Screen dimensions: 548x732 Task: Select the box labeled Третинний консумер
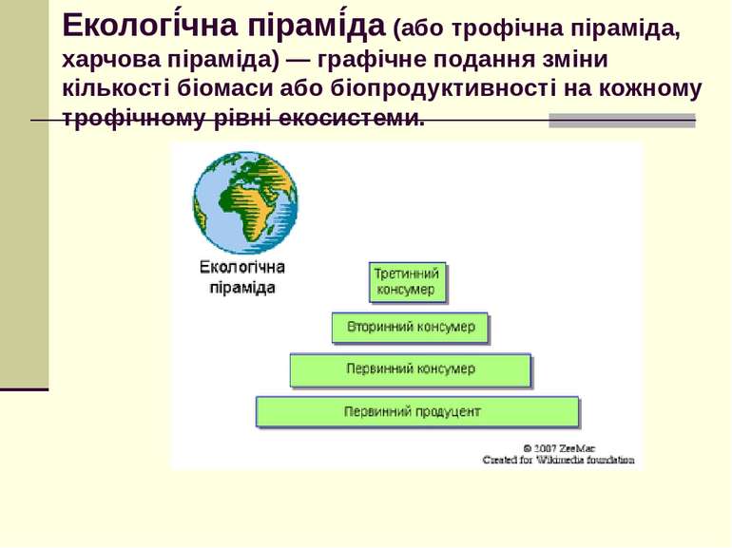click(x=408, y=282)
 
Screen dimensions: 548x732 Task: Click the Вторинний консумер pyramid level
click(x=411, y=328)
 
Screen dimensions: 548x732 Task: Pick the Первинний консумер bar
click(x=411, y=369)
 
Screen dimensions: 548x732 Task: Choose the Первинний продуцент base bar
click(x=416, y=412)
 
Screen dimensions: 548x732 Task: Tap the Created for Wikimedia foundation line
click(x=558, y=460)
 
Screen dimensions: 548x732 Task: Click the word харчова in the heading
click(x=106, y=59)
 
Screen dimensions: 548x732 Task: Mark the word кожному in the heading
click(x=656, y=89)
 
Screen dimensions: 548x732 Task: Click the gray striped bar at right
click(x=622, y=121)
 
